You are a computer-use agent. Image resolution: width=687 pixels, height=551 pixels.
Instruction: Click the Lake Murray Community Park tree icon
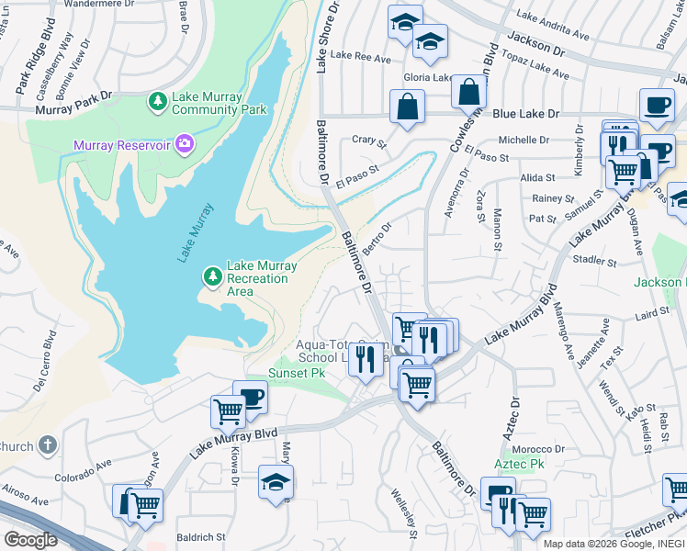pyautogui.click(x=158, y=100)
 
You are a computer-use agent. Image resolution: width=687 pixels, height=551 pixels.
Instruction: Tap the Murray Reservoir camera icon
pyautogui.click(x=185, y=143)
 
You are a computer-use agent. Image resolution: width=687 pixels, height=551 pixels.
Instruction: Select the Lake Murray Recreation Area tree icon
pyautogui.click(x=213, y=275)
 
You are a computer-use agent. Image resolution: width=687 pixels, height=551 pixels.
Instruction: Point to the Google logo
pyautogui.click(x=31, y=540)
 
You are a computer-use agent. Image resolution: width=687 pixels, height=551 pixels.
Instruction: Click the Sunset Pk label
pyautogui.click(x=297, y=374)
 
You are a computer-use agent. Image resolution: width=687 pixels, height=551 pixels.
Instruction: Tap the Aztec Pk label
pyautogui.click(x=521, y=465)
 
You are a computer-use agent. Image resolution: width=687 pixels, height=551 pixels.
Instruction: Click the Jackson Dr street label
pyautogui.click(x=533, y=42)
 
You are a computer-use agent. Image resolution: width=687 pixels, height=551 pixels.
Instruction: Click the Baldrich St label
pyautogui.click(x=201, y=537)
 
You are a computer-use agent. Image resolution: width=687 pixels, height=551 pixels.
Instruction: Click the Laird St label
pyautogui.click(x=652, y=315)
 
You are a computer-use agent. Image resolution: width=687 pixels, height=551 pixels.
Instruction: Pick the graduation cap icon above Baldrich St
pyautogui.click(x=276, y=484)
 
